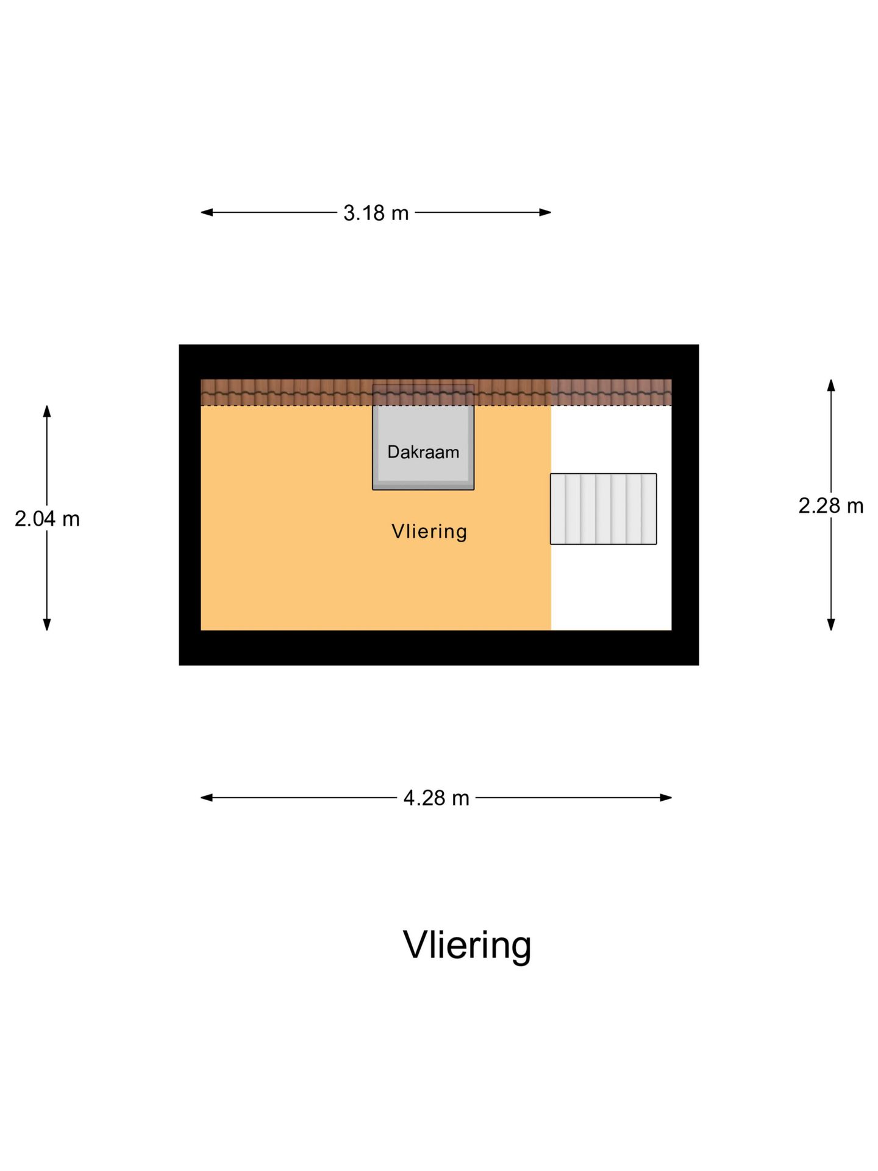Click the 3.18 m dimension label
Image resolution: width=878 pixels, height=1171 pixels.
coord(376,213)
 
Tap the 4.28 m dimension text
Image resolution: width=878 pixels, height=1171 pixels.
coord(436,798)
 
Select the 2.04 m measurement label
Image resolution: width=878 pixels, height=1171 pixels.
coord(47,519)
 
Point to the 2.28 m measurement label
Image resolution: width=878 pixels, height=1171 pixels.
coord(831,506)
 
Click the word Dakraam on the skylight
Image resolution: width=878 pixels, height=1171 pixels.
coord(423,452)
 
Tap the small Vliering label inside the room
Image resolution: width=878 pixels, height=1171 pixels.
coord(429,531)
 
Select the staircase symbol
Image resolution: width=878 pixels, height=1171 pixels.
coord(604,509)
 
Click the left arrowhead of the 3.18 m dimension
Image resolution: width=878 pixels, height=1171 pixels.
coord(207,212)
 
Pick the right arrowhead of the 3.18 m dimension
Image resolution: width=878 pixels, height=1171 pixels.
coord(545,212)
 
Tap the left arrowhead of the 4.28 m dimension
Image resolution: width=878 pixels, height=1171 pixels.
coord(207,797)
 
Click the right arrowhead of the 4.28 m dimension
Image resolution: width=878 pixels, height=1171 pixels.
coord(666,797)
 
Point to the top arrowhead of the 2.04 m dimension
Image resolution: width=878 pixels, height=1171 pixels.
coord(47,411)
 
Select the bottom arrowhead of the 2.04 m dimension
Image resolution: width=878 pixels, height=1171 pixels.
coord(47,624)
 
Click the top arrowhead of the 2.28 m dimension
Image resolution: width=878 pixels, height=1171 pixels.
coord(830,385)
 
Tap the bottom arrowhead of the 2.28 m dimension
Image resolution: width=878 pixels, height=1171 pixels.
coord(830,624)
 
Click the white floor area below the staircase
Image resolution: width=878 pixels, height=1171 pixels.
coord(611,587)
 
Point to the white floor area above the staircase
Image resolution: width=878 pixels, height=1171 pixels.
coord(611,439)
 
